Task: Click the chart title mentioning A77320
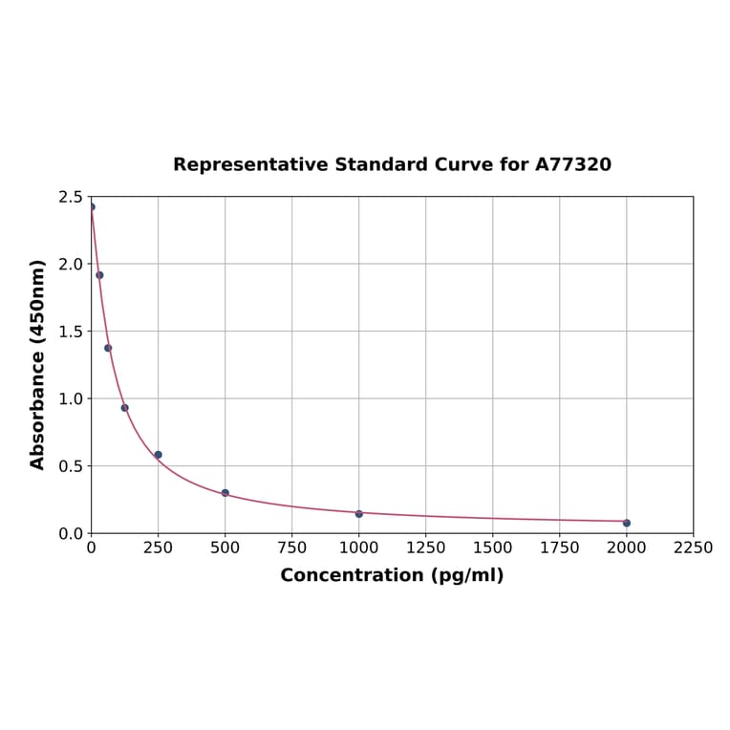click(392, 165)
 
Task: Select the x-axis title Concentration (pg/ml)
click(392, 575)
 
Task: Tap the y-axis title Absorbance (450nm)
click(38, 364)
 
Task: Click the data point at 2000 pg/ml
click(627, 523)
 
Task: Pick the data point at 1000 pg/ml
click(359, 514)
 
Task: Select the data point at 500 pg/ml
click(225, 493)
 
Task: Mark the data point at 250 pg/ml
click(159, 455)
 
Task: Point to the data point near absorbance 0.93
click(124, 408)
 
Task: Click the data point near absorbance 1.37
click(108, 348)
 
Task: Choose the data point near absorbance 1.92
click(99, 275)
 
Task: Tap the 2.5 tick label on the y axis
click(71, 197)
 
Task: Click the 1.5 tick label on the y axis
click(71, 332)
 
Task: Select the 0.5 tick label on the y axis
click(71, 466)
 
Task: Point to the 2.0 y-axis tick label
click(71, 264)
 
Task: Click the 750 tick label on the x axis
click(292, 547)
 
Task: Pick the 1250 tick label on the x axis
click(426, 547)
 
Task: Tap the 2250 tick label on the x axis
click(694, 547)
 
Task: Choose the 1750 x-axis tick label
click(560, 547)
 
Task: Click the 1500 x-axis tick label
click(493, 547)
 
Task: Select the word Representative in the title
click(250, 165)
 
